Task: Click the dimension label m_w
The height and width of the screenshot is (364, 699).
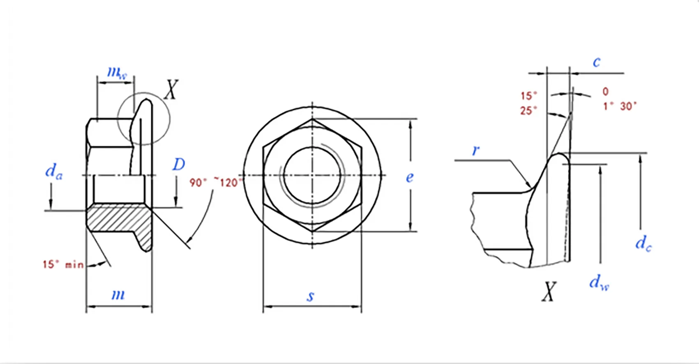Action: (117, 73)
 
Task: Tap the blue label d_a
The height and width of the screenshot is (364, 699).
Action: (54, 171)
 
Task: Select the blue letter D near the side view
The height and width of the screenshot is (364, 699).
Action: (178, 165)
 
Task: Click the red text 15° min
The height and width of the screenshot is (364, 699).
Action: (63, 264)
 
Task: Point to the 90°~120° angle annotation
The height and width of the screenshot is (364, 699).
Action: (215, 182)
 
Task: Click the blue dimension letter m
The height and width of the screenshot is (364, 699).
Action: (118, 294)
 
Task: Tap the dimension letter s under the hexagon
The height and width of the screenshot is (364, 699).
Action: (311, 296)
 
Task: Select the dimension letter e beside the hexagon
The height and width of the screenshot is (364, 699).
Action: (410, 177)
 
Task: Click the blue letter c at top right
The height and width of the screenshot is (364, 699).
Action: (596, 62)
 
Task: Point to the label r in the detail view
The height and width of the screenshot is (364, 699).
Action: (475, 150)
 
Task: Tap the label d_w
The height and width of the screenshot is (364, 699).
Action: (599, 282)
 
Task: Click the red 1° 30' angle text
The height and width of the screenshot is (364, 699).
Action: (620, 106)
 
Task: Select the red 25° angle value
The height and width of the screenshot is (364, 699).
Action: (528, 111)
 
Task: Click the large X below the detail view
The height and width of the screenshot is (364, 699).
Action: (549, 292)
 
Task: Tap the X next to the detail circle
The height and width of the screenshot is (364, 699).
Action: (171, 89)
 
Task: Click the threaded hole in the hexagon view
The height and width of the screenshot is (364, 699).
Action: (312, 175)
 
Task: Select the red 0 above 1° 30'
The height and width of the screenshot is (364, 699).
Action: (605, 92)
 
